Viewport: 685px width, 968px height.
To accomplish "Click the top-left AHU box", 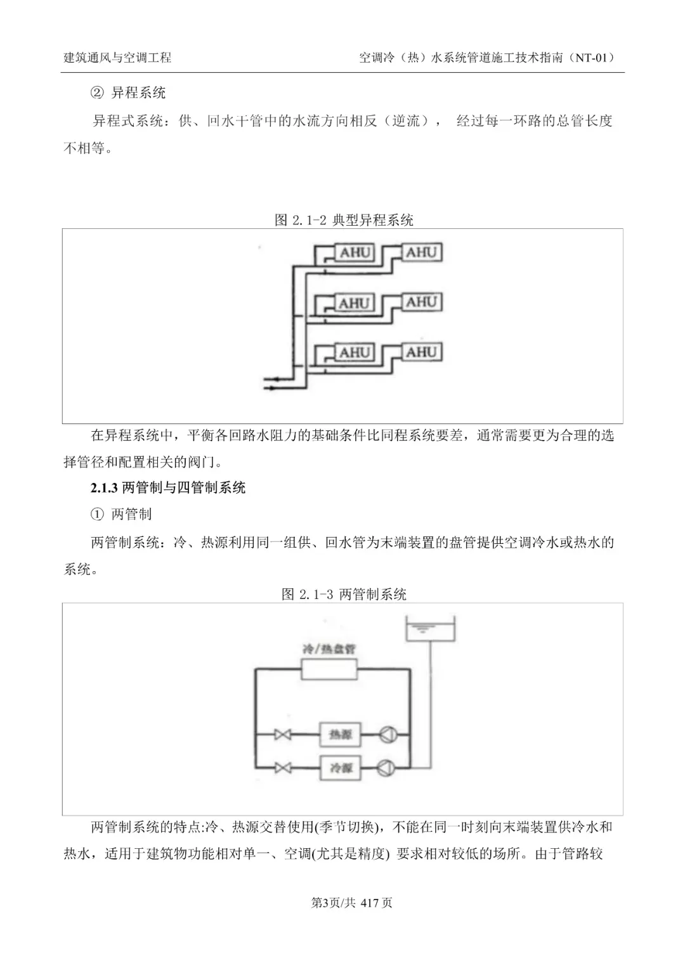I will pyautogui.click(x=355, y=253).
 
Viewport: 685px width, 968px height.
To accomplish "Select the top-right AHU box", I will pyautogui.click(x=421, y=252).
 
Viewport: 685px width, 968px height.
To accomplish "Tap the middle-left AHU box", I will pyautogui.click(x=355, y=303).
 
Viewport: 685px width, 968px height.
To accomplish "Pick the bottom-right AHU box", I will pyautogui.click(x=421, y=352).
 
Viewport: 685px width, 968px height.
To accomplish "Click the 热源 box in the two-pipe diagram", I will pyautogui.click(x=340, y=735).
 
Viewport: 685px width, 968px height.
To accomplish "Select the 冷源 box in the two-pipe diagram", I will pyautogui.click(x=340, y=768).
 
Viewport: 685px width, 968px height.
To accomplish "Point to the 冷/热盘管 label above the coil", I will pyautogui.click(x=329, y=649).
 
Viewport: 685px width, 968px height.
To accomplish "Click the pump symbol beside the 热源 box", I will pyautogui.click(x=388, y=735).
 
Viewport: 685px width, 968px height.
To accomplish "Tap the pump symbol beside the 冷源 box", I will pyautogui.click(x=386, y=768).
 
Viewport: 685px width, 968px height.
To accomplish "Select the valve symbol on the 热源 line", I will pyautogui.click(x=283, y=735).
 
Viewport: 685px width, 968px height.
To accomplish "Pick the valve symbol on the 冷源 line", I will pyautogui.click(x=283, y=768).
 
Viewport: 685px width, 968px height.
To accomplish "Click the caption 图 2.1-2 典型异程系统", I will pyautogui.click(x=344, y=220).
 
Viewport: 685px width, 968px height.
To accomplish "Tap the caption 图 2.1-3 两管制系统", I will pyautogui.click(x=344, y=594).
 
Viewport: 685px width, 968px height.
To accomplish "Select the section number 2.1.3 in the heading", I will pyautogui.click(x=105, y=487).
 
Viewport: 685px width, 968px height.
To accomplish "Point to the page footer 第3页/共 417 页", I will pyautogui.click(x=351, y=902).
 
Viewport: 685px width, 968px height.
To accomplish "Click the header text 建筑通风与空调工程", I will pyautogui.click(x=117, y=58).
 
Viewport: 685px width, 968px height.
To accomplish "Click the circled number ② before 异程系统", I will pyautogui.click(x=97, y=93).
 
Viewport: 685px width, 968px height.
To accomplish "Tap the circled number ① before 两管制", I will pyautogui.click(x=97, y=514).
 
